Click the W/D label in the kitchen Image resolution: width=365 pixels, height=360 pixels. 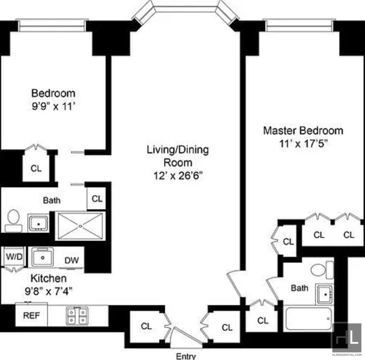click(14, 256)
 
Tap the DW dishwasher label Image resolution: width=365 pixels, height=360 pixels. click(71, 260)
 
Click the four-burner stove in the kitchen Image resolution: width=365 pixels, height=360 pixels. click(77, 315)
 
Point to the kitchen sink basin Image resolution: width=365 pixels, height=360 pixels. click(43, 257)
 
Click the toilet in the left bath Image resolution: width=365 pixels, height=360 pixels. click(13, 220)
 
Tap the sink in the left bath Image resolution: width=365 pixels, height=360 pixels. click(38, 223)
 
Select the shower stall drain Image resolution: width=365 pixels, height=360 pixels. click(81, 226)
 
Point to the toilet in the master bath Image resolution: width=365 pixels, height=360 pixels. click(322, 270)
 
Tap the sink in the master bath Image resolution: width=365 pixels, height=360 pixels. click(325, 294)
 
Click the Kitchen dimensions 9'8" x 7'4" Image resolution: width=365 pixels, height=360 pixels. click(48, 291)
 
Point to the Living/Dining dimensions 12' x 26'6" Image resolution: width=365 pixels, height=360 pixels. click(178, 176)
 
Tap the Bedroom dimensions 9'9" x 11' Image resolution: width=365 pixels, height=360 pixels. click(53, 106)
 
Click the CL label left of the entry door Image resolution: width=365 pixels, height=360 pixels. click(146, 326)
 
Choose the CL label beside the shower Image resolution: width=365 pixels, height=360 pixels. click(97, 199)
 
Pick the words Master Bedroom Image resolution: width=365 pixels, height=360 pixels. click(303, 130)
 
